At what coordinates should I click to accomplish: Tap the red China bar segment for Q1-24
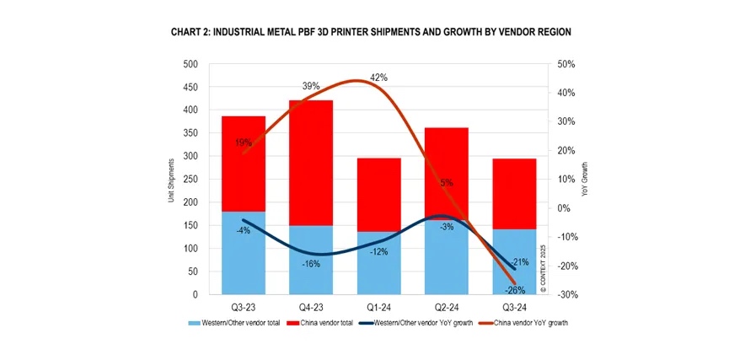378,194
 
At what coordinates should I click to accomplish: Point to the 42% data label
378,78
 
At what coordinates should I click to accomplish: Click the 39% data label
311,86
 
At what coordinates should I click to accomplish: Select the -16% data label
311,264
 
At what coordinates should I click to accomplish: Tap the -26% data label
514,290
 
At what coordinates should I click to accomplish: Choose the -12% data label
378,252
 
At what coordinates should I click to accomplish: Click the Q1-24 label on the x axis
378,308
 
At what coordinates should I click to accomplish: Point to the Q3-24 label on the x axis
514,308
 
